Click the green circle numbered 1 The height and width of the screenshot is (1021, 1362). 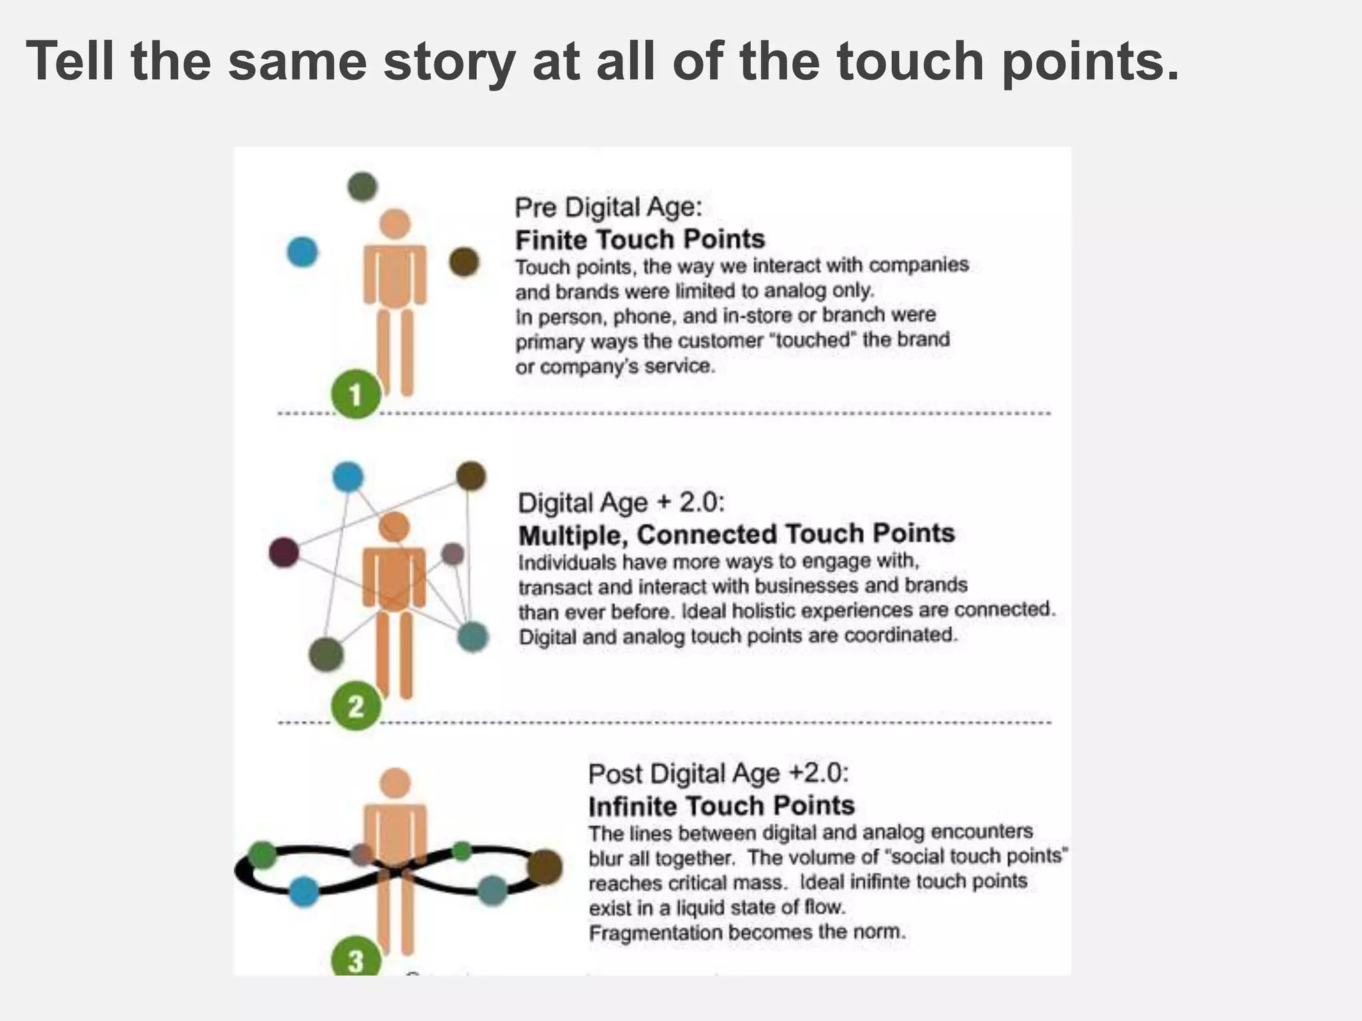[356, 394]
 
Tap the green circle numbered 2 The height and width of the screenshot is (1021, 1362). [356, 706]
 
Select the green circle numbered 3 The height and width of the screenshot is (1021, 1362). [356, 959]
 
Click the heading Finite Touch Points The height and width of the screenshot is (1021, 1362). [640, 239]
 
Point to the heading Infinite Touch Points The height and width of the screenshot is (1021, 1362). [721, 806]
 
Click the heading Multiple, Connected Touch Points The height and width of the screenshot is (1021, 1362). [736, 534]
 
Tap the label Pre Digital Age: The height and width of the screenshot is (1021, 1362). [608, 207]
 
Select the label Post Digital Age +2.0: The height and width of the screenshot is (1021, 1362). [719, 774]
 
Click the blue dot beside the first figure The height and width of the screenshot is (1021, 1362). [302, 252]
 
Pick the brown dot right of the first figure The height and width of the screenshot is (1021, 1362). [464, 261]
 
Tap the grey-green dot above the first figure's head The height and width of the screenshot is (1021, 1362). [362, 187]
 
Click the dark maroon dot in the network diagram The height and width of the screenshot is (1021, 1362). [284, 552]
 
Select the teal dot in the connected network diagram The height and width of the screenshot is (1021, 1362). [473, 636]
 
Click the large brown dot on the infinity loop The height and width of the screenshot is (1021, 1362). [545, 867]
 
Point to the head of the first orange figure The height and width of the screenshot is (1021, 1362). [396, 224]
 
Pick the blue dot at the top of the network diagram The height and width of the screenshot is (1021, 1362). [348, 477]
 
